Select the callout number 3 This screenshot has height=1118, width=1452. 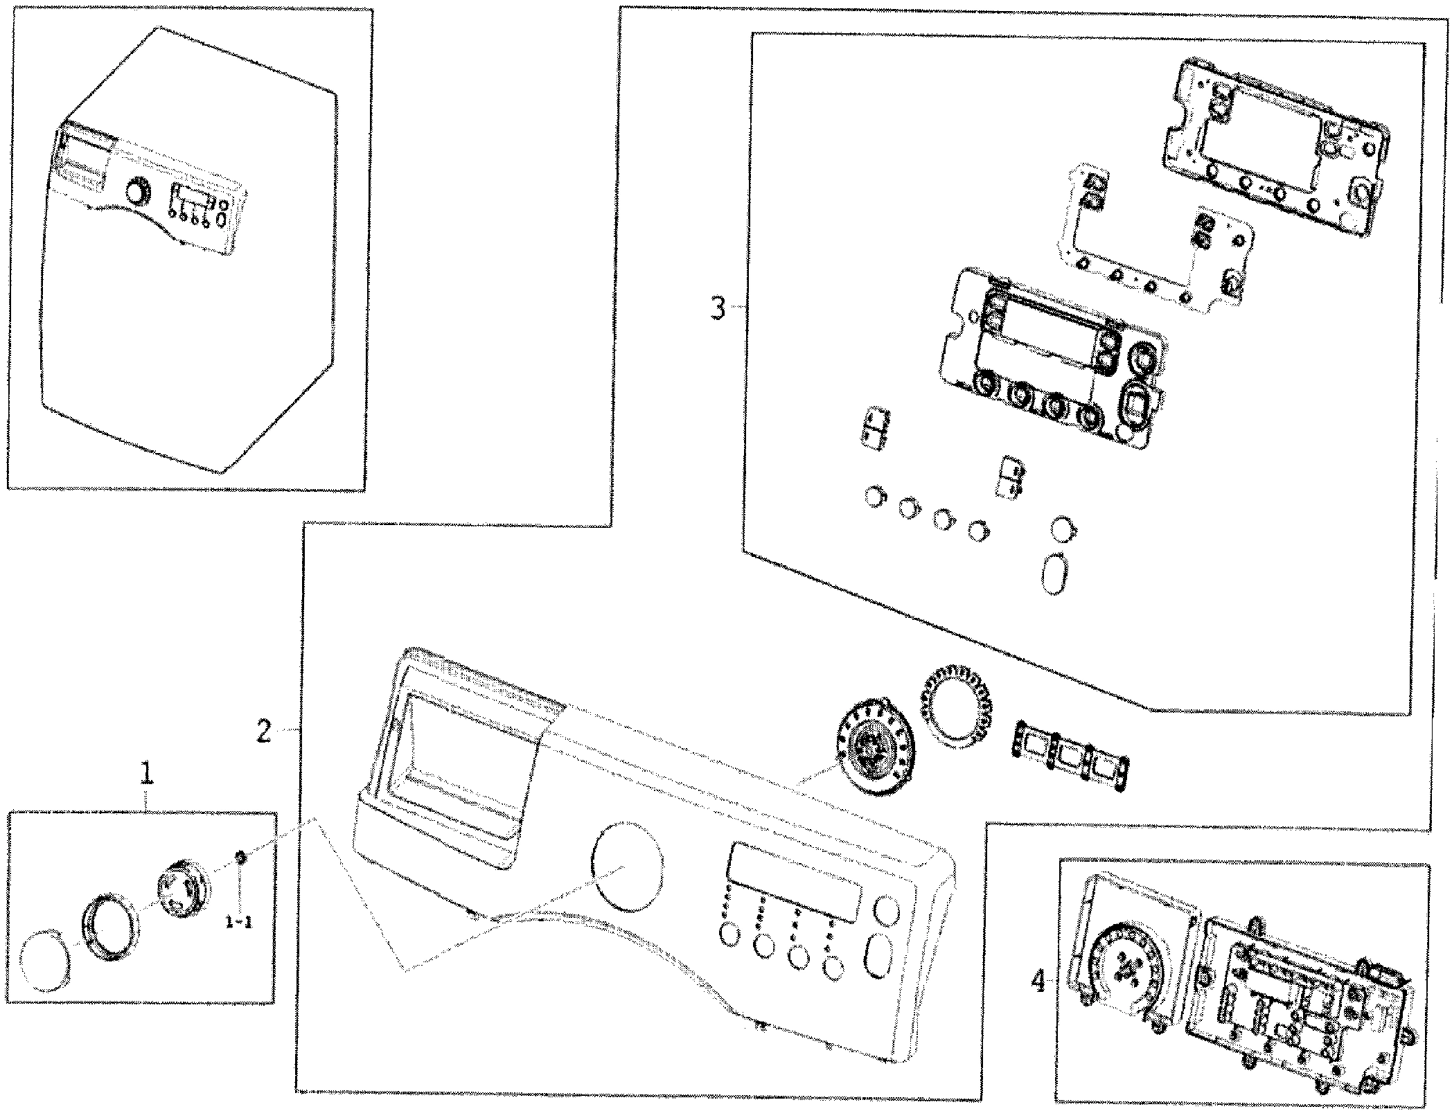point(718,308)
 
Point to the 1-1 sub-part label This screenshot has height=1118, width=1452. point(239,922)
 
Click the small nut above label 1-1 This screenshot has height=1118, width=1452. point(240,858)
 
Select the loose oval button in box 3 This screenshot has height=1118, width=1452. point(1055,572)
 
